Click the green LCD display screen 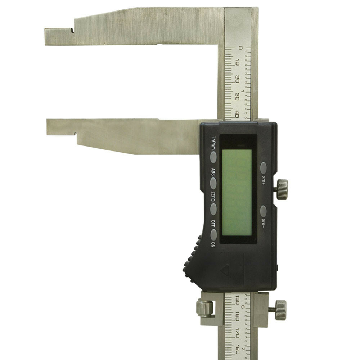pyautogui.click(x=237, y=192)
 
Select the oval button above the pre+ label pyautogui.click(x=264, y=167)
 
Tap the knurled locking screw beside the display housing pyautogui.click(x=282, y=189)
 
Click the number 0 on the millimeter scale pyautogui.click(x=240, y=48)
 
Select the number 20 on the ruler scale pyautogui.click(x=237, y=79)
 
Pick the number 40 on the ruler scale pyautogui.click(x=237, y=114)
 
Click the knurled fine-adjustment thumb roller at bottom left pyautogui.click(x=204, y=309)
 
